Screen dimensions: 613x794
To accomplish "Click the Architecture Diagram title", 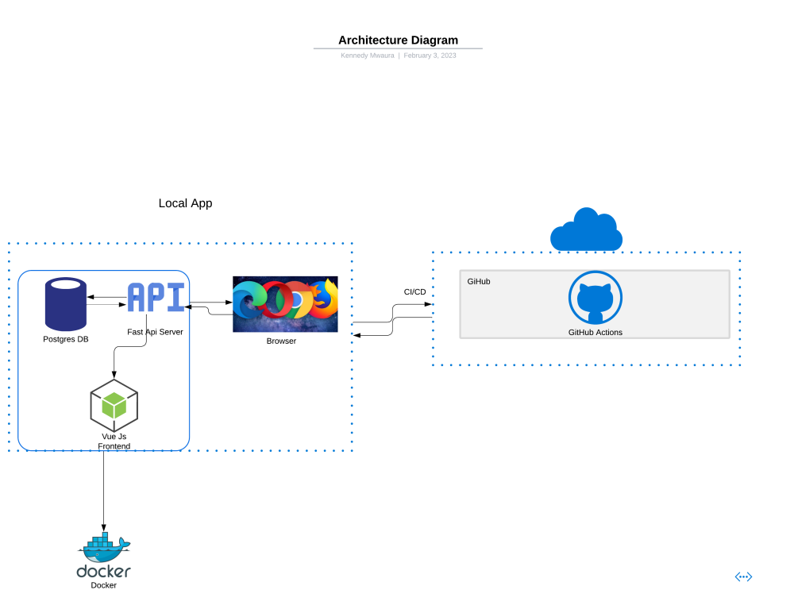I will tap(398, 40).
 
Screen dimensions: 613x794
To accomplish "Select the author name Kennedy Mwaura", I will tap(367, 56).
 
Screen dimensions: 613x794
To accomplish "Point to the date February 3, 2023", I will tap(430, 56).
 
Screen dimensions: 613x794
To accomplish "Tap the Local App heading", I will tap(185, 203).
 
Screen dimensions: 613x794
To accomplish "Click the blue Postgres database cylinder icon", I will tap(66, 304).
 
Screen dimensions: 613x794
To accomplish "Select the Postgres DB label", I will tap(66, 339).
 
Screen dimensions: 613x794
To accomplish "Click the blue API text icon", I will tap(156, 298).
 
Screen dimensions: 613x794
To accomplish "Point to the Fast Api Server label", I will tap(155, 331).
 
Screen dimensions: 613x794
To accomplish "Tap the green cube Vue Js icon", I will tap(114, 405).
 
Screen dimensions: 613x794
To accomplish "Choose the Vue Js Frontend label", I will tap(114, 441).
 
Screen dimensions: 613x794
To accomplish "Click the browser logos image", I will tap(285, 304).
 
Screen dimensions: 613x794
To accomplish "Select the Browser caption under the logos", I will tap(281, 341).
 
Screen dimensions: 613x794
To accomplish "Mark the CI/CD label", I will tap(414, 292).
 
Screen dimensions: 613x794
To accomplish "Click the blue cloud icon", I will tap(586, 230).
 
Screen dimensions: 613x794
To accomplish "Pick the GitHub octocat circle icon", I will tap(595, 299).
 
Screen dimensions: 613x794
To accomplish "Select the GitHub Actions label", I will tap(595, 332).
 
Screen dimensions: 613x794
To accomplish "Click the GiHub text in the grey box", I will tap(478, 281).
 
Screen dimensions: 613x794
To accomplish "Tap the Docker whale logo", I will tap(104, 547).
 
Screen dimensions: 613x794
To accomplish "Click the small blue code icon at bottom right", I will tap(743, 576).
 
